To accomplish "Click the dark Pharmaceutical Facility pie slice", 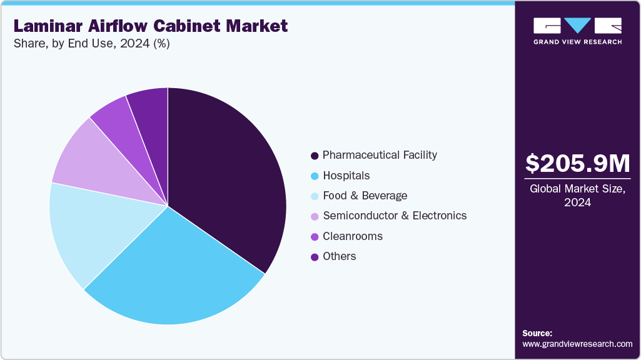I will pyautogui.click(x=225, y=175).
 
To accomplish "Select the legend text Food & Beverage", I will pyautogui.click(x=365, y=196).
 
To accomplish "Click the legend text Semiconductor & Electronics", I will pyautogui.click(x=394, y=216).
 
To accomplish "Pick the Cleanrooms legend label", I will pyautogui.click(x=352, y=236).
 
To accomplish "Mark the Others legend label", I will pyautogui.click(x=339, y=256).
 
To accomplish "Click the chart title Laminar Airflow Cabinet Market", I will pyautogui.click(x=150, y=26).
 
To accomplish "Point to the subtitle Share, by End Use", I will pyautogui.click(x=91, y=44).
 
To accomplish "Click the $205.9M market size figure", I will pyautogui.click(x=577, y=163).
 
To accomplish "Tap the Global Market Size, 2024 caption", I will pyautogui.click(x=577, y=195).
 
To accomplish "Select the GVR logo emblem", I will pyautogui.click(x=577, y=26).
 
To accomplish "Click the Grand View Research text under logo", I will pyautogui.click(x=577, y=42).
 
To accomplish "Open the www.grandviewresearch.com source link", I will pyautogui.click(x=577, y=344).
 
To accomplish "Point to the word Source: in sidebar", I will pyautogui.click(x=537, y=333).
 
